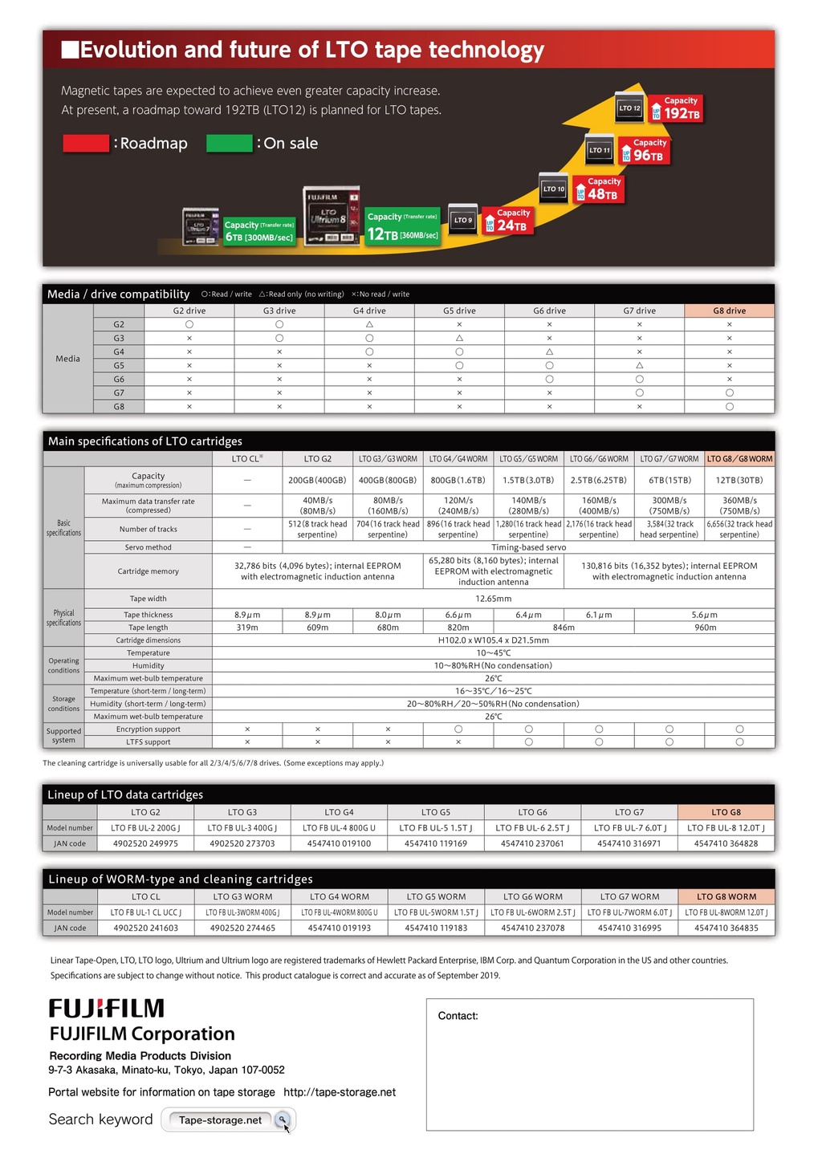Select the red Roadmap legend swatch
(x=86, y=144)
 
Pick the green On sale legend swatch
(x=230, y=144)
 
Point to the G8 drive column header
(x=729, y=311)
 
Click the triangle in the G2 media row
(x=369, y=324)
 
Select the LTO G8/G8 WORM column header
(x=739, y=459)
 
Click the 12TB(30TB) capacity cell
(x=739, y=480)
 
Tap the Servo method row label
(x=149, y=547)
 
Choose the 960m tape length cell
(x=705, y=628)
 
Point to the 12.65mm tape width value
(x=493, y=599)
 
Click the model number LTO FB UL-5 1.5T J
(x=436, y=827)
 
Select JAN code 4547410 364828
(x=726, y=843)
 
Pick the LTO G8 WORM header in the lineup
(x=726, y=896)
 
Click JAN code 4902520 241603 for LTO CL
(x=145, y=928)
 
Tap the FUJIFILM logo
(x=107, y=1009)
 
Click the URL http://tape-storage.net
(x=340, y=1092)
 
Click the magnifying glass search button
(x=283, y=1119)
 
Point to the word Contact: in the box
(x=458, y=1016)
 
